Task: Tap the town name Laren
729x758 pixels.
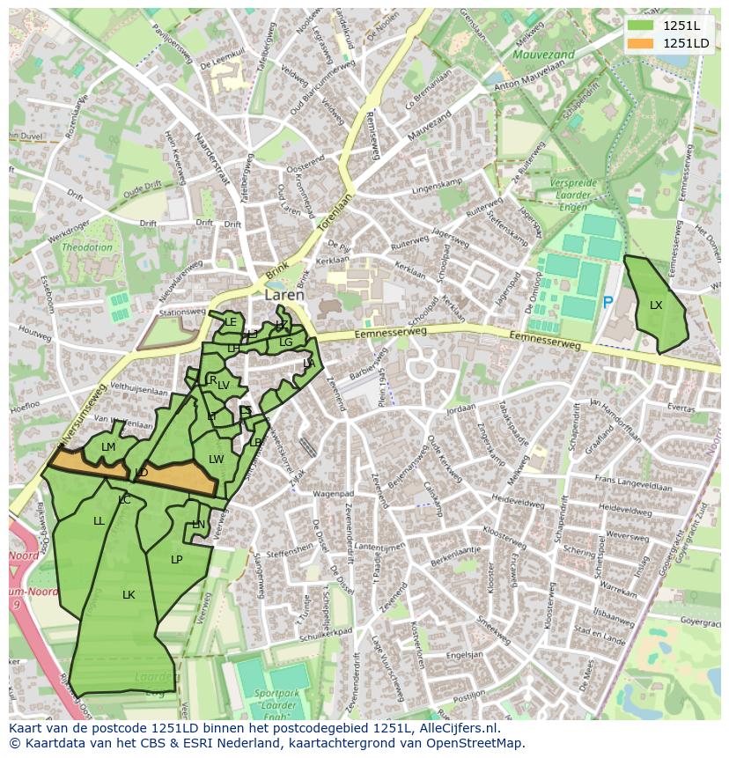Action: click(x=284, y=296)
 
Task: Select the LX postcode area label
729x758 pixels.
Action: click(x=656, y=305)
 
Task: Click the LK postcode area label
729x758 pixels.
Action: click(x=129, y=595)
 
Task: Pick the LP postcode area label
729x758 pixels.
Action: click(x=177, y=559)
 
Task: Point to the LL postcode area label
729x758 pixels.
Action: click(x=99, y=521)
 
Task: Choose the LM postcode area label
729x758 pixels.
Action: click(x=108, y=447)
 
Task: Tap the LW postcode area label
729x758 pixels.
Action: click(x=217, y=459)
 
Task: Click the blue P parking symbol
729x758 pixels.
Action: click(x=607, y=302)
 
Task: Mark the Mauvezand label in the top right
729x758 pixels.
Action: click(x=543, y=55)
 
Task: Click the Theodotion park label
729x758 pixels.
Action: click(x=87, y=247)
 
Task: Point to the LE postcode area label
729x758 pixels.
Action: click(x=231, y=322)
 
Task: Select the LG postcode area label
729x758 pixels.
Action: click(x=285, y=342)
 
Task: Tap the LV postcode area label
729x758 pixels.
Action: click(x=224, y=386)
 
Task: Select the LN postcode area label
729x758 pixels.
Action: click(x=198, y=525)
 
